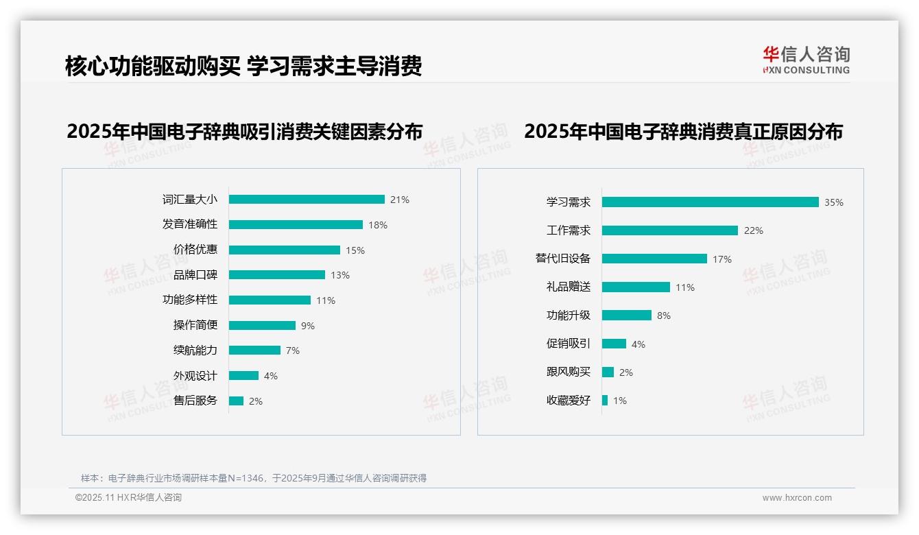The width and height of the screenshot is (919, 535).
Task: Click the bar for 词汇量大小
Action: click(x=307, y=200)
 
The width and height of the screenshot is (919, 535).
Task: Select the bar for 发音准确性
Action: click(x=296, y=225)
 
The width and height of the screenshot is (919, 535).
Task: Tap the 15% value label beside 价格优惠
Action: click(x=355, y=250)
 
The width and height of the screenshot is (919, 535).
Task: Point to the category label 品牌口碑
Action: click(x=195, y=275)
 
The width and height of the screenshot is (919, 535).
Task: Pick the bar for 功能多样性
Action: click(x=270, y=300)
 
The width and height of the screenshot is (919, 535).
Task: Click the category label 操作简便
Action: click(x=195, y=325)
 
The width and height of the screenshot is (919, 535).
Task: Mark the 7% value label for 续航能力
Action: click(x=293, y=350)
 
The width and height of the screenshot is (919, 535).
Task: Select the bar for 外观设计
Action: click(x=243, y=376)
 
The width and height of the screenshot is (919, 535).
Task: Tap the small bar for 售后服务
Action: click(x=236, y=401)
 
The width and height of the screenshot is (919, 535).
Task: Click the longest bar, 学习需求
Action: click(x=711, y=202)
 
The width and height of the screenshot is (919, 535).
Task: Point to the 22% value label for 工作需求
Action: click(x=754, y=230)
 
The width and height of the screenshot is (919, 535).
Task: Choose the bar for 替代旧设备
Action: click(x=654, y=259)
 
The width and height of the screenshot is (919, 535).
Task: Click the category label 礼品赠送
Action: click(x=569, y=287)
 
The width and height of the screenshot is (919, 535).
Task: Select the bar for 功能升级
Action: click(x=627, y=316)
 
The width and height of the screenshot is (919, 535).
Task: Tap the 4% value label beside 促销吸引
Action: click(x=638, y=344)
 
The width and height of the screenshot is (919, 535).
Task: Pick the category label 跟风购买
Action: click(x=569, y=372)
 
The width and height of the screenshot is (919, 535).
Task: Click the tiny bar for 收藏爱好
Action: click(x=605, y=401)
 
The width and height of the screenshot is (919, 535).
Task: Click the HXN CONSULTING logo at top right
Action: click(x=806, y=60)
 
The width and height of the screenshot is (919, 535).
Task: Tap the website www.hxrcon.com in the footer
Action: click(x=797, y=498)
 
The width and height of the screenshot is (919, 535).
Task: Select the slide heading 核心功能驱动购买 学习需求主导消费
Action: click(x=243, y=66)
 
